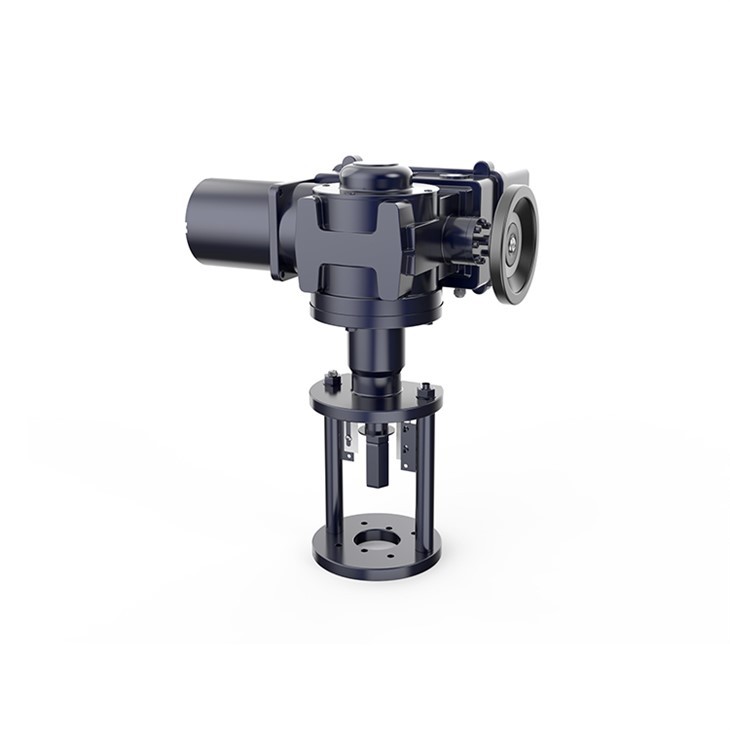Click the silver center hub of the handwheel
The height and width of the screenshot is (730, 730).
(511, 241)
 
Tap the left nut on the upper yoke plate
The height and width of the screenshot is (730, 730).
(332, 382)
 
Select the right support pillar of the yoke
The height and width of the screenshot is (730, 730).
(431, 470)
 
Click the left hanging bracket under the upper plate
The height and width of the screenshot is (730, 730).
(348, 440)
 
